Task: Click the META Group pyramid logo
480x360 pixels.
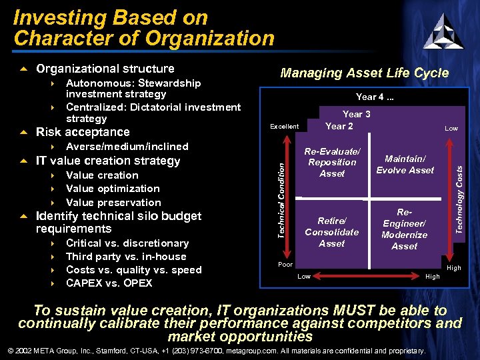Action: click(x=443, y=31)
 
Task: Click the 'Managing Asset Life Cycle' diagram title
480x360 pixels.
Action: click(x=364, y=73)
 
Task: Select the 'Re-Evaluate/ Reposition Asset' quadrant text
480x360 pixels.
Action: click(x=331, y=163)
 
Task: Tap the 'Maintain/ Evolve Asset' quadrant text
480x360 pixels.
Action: click(x=405, y=164)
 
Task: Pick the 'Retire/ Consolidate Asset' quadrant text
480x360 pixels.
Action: click(x=331, y=232)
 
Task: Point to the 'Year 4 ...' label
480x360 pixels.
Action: click(x=375, y=97)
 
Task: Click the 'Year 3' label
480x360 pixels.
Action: click(x=356, y=114)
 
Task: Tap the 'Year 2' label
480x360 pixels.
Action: click(x=339, y=126)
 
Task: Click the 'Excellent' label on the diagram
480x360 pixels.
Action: click(x=284, y=127)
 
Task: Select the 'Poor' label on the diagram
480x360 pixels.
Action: click(x=285, y=265)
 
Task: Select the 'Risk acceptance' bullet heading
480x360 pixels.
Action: click(x=83, y=132)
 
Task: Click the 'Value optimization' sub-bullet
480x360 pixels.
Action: click(x=113, y=189)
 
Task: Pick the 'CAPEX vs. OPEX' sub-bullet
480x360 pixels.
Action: click(x=109, y=283)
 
